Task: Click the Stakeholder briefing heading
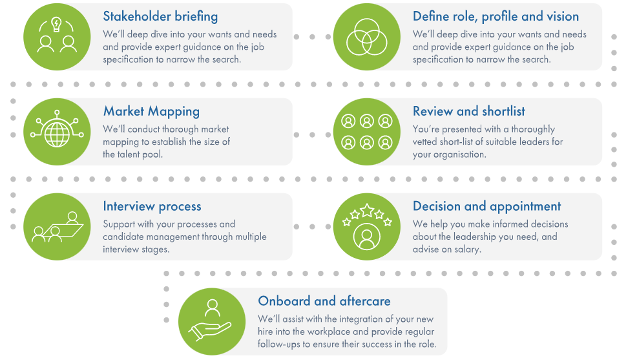click(160, 16)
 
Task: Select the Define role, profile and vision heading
click(496, 16)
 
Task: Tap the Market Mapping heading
click(151, 111)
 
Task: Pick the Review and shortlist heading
click(469, 111)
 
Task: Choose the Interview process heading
click(152, 206)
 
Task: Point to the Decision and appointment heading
click(486, 206)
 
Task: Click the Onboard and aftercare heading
click(324, 301)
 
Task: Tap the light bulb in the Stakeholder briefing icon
click(56, 24)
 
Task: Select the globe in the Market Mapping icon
click(57, 134)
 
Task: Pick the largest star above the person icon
click(367, 210)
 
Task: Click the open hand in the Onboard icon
click(209, 330)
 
